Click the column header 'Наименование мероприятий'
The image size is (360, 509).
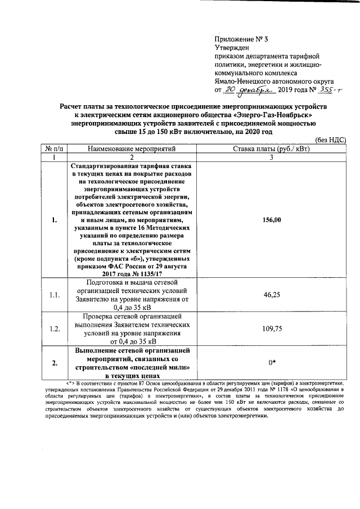pyautogui.click(x=131, y=148)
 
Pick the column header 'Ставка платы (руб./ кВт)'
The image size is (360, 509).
pyautogui.click(x=271, y=148)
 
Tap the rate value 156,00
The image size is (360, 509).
pyautogui.click(x=271, y=220)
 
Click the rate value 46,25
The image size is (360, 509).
pyautogui.click(x=271, y=294)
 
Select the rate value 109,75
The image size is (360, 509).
pyautogui.click(x=271, y=328)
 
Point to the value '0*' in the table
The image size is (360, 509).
pyautogui.click(x=271, y=363)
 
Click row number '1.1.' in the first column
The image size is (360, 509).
pyautogui.click(x=55, y=294)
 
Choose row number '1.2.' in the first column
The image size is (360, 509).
pyautogui.click(x=55, y=328)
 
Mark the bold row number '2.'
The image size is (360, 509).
pyautogui.click(x=55, y=363)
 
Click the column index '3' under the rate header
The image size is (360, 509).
pyautogui.click(x=271, y=158)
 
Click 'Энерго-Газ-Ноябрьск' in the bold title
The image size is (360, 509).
pyautogui.click(x=276, y=115)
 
